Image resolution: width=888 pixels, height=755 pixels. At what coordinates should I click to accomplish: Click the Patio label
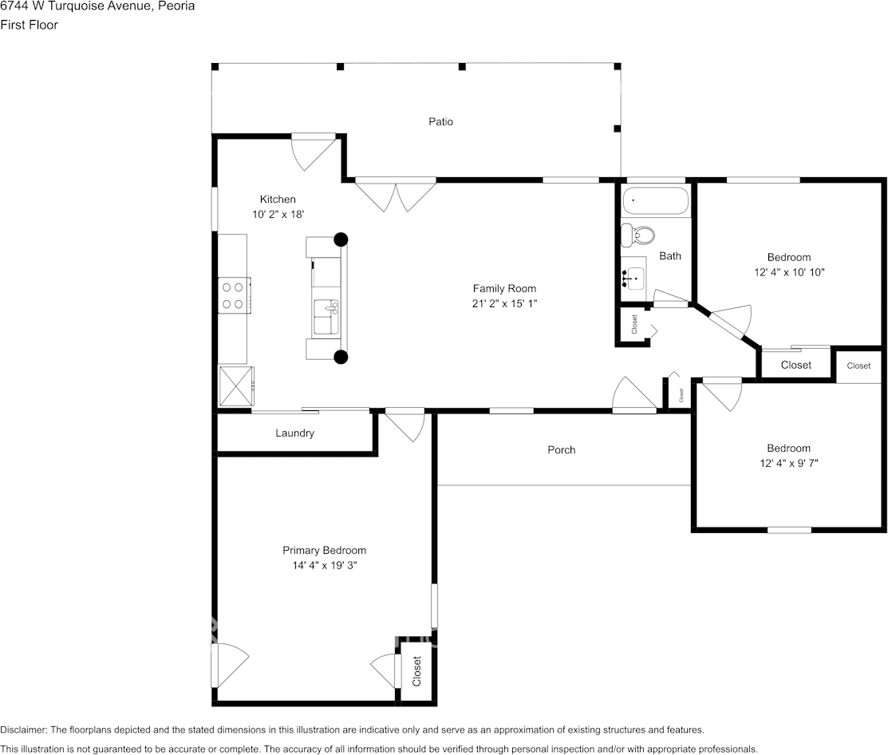pyautogui.click(x=440, y=121)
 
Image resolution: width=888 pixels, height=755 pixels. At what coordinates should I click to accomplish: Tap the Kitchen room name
pyautogui.click(x=278, y=200)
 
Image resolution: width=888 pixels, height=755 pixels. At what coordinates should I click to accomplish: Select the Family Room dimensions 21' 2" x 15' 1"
pyautogui.click(x=504, y=303)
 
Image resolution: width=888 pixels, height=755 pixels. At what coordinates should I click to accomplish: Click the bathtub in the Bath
pyautogui.click(x=656, y=201)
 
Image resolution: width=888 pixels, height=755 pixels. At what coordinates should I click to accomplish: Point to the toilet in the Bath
pyautogui.click(x=637, y=235)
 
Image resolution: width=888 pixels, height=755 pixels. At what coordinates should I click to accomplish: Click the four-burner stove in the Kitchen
pyautogui.click(x=233, y=295)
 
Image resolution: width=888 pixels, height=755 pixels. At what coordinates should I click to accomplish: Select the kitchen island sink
pyautogui.click(x=326, y=317)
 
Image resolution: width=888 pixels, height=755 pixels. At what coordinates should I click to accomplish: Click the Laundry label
pyautogui.click(x=294, y=433)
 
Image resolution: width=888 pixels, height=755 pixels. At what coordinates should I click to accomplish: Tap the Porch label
pyautogui.click(x=561, y=449)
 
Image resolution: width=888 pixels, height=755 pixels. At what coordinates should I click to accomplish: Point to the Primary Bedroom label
pyautogui.click(x=324, y=551)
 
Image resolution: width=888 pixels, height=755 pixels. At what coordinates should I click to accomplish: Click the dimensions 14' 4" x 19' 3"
pyautogui.click(x=325, y=565)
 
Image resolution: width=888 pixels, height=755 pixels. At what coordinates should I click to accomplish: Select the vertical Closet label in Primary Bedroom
pyautogui.click(x=416, y=671)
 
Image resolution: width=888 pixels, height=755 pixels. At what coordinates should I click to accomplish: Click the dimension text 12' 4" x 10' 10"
pyautogui.click(x=789, y=272)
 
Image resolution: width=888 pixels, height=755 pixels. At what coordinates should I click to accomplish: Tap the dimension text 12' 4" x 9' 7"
pyautogui.click(x=789, y=464)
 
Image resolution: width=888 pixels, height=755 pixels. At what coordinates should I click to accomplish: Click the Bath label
pyautogui.click(x=670, y=256)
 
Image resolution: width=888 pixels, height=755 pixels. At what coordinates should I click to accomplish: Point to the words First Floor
pyautogui.click(x=29, y=25)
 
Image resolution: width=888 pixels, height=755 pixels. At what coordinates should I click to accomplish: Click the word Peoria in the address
pyautogui.click(x=176, y=6)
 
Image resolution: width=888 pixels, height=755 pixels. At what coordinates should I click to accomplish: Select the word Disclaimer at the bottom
pyautogui.click(x=23, y=730)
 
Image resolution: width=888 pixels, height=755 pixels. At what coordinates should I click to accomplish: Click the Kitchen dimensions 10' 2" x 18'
pyautogui.click(x=278, y=214)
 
